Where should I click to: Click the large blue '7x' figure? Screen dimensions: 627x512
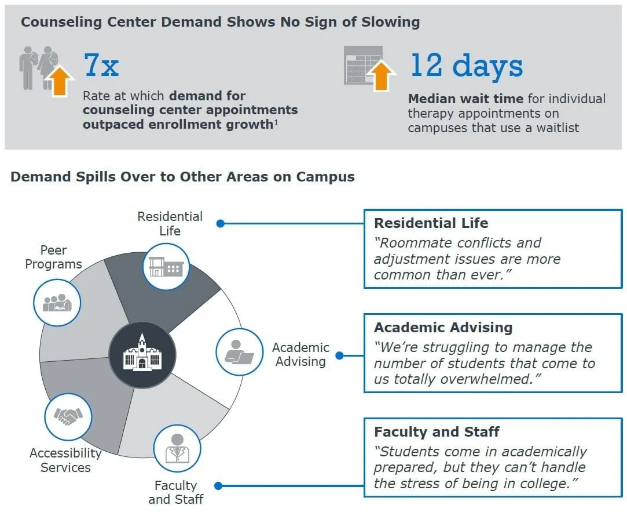tap(101, 65)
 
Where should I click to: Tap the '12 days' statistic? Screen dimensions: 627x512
tap(466, 65)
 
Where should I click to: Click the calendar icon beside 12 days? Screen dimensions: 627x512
tap(363, 65)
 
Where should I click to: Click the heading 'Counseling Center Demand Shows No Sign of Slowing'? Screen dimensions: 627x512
tap(221, 23)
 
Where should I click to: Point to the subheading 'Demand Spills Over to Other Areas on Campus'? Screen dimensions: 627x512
tap(182, 176)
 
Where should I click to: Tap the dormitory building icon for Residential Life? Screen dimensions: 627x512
tap(166, 267)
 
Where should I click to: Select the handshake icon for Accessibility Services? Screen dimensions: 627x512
tap(68, 416)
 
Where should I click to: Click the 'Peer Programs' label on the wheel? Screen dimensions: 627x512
tap(53, 257)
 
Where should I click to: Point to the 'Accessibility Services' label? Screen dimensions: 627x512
tap(65, 460)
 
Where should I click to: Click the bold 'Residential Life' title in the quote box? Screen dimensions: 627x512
tap(431, 223)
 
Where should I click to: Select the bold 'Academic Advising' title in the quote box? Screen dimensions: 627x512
tap(443, 328)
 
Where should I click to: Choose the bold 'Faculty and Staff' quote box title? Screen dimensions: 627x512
tap(437, 432)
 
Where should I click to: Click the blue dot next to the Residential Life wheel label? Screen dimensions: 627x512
tap(220, 223)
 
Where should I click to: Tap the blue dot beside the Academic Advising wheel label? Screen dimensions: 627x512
tap(340, 355)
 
